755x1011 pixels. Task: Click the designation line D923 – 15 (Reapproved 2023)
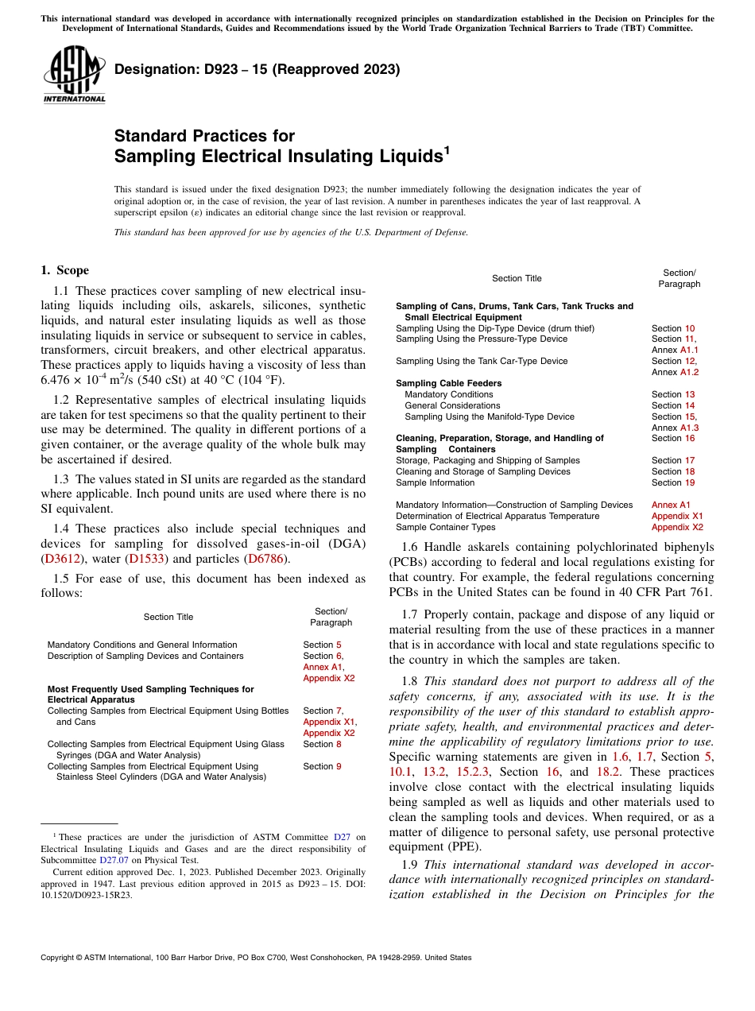(257, 70)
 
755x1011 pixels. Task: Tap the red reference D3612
(61, 559)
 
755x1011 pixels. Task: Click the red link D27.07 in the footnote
(114, 859)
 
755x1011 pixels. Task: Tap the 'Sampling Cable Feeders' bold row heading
(448, 383)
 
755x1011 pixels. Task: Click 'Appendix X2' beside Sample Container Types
(677, 527)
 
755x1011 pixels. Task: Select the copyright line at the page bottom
(256, 958)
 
